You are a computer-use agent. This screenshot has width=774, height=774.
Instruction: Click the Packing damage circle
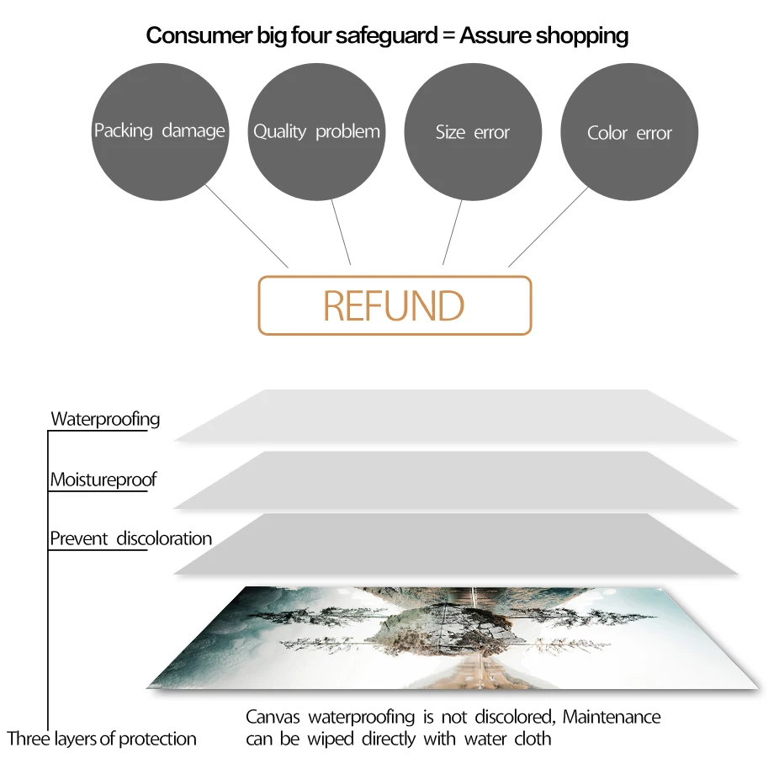(159, 131)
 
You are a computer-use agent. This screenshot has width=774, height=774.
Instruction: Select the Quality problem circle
(316, 131)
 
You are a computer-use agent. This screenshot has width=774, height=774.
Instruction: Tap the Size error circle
(473, 132)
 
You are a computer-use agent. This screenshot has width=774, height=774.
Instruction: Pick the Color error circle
(629, 133)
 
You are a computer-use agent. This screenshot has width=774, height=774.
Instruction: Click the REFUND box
(395, 305)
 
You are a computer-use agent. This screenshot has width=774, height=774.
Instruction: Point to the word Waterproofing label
(105, 419)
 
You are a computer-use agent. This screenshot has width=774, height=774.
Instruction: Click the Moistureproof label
(103, 480)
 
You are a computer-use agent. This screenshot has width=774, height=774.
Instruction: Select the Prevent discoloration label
(130, 538)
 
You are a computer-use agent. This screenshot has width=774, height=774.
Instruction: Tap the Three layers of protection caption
(102, 740)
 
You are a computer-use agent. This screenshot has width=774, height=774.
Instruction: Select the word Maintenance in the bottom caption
(612, 718)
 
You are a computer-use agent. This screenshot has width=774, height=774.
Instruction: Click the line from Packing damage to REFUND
(247, 225)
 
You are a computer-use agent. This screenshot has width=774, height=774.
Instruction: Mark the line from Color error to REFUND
(548, 227)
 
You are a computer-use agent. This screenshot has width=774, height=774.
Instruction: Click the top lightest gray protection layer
(454, 416)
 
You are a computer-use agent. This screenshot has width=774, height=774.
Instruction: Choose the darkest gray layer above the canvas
(454, 544)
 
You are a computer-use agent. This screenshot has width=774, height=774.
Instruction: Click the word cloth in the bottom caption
(533, 740)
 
